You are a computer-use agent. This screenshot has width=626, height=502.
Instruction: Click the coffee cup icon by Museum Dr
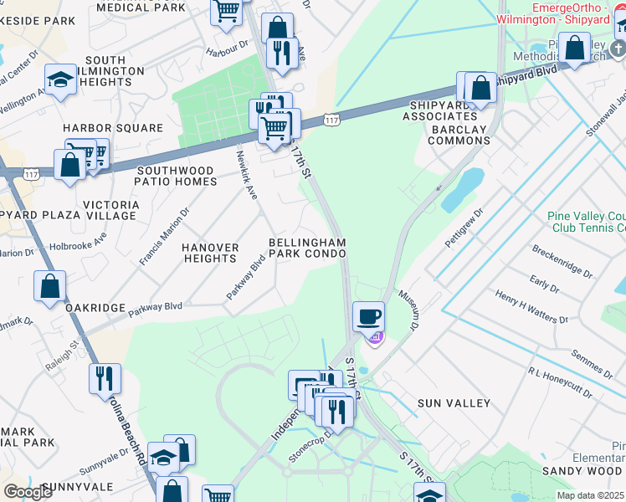tap(369, 317)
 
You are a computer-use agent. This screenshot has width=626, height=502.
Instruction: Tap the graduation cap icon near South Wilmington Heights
tap(60, 80)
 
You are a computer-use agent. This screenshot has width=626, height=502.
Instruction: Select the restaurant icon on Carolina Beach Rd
tap(105, 377)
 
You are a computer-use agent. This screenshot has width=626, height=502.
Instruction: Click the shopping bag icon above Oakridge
tap(50, 285)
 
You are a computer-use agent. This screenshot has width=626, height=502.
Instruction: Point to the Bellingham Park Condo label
tap(307, 248)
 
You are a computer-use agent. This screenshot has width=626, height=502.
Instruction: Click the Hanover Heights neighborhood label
tap(211, 253)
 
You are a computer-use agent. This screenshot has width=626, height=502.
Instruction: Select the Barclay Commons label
tap(459, 141)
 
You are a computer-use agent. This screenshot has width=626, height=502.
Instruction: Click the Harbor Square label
tap(114, 128)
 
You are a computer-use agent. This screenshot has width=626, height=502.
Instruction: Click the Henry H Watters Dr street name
tap(531, 307)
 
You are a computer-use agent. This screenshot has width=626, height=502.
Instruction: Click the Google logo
tap(28, 492)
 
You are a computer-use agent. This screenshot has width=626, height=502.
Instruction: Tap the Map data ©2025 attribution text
tap(590, 495)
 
